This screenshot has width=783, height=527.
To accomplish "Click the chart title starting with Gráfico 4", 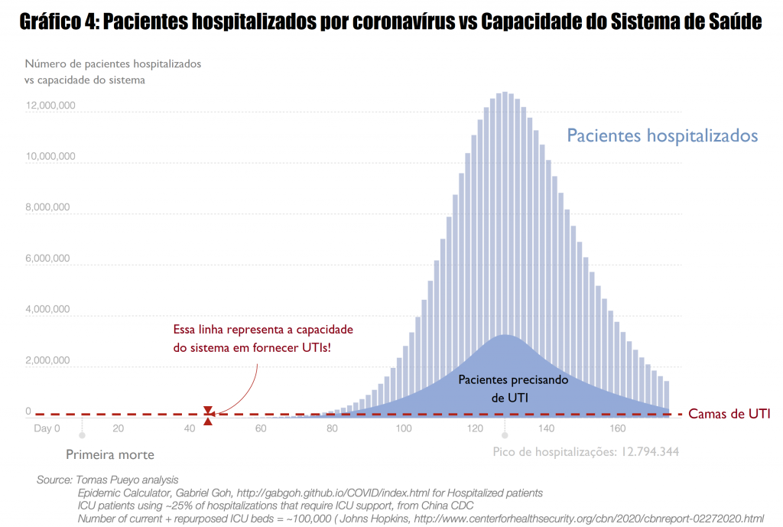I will click(x=391, y=21).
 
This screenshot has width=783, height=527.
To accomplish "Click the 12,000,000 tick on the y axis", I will click(x=50, y=106).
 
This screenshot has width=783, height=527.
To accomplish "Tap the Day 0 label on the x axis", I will click(x=47, y=428).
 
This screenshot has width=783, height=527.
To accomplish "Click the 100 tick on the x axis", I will click(x=403, y=428).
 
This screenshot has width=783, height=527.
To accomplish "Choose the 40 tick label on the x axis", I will click(x=190, y=428).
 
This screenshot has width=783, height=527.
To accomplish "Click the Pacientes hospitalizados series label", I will click(x=661, y=136).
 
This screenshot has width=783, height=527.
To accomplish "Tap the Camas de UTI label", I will click(x=729, y=414).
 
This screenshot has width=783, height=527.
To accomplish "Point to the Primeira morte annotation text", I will click(x=109, y=454).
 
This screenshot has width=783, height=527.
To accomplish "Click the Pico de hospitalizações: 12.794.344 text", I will click(x=586, y=451).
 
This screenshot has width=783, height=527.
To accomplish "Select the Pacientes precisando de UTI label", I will click(x=502, y=388).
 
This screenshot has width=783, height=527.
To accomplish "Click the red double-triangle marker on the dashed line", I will click(x=208, y=415).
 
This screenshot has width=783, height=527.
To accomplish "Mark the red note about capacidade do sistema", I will click(x=263, y=338).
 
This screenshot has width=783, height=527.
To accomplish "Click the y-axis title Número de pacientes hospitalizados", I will click(x=113, y=64).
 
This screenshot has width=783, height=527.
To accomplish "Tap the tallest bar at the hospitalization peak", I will click(x=505, y=252).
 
